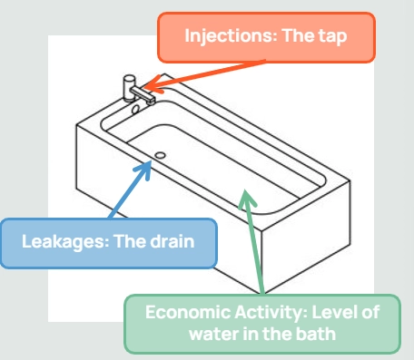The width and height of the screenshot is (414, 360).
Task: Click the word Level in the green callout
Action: click(x=329, y=314)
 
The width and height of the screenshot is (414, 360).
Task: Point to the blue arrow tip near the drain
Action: click(x=151, y=162)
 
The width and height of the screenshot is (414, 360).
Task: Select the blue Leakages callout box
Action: click(x=108, y=242)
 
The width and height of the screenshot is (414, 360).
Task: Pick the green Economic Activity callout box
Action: click(x=261, y=324)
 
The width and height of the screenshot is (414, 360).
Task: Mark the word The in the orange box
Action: click(x=308, y=37)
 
